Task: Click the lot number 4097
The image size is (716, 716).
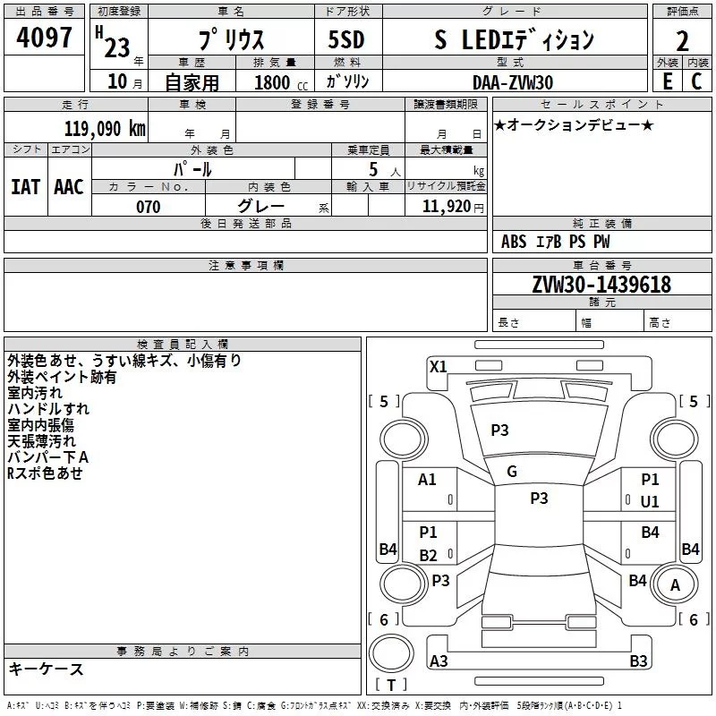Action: pos(44,38)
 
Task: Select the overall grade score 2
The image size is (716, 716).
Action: pos(682,41)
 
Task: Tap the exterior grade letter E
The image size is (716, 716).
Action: pos(668,81)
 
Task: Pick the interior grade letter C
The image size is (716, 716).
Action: pos(696,81)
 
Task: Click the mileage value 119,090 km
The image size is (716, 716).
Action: pos(105,129)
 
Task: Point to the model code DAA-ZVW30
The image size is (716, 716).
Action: pos(513,82)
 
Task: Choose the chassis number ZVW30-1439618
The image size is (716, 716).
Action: pos(601,285)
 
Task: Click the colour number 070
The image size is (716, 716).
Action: pos(149,207)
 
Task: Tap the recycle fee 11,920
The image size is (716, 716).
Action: pos(446,207)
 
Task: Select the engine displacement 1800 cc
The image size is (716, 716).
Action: pos(281,82)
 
